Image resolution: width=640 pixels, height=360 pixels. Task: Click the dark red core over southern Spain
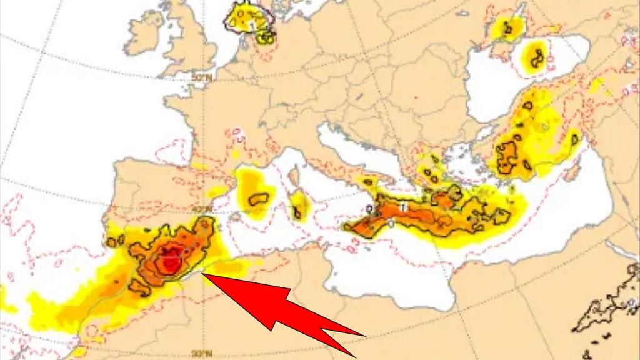[167, 262]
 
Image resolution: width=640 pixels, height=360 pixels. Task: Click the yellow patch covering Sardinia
[300, 206]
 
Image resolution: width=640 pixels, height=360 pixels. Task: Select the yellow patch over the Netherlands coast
[250, 19]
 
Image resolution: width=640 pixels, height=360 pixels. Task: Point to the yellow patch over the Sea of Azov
[507, 28]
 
